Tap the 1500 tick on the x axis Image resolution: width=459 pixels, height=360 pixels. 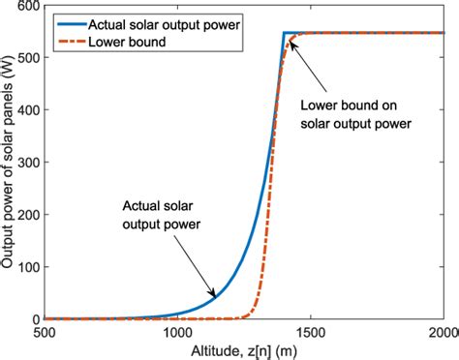[310, 332]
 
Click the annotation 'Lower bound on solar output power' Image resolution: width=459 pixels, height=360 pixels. [354, 113]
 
